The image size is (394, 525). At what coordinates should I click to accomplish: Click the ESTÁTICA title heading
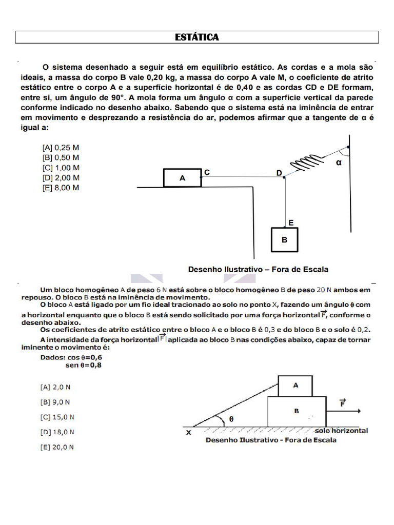click(x=197, y=37)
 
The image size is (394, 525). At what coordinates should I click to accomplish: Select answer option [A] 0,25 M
click(x=61, y=148)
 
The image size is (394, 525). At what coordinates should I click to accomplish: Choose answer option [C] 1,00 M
click(x=61, y=168)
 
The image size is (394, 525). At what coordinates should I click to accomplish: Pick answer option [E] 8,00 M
click(x=61, y=188)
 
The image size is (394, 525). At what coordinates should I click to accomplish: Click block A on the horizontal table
click(x=182, y=178)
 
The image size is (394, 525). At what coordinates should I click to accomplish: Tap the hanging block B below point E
click(x=284, y=239)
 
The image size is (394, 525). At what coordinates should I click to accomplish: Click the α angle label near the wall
click(x=339, y=163)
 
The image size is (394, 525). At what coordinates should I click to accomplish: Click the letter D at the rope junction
click(x=279, y=173)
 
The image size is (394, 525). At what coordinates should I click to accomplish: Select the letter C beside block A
click(x=207, y=173)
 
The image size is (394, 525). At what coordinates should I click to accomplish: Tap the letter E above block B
click(x=291, y=223)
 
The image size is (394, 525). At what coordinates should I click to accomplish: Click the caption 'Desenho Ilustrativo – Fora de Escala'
click(x=258, y=269)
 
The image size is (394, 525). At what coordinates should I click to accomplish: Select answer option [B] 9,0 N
click(x=55, y=402)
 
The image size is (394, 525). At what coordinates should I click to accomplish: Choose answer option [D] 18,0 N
click(x=57, y=432)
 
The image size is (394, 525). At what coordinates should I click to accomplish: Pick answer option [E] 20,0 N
click(x=57, y=447)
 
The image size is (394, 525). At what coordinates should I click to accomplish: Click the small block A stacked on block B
click(x=295, y=386)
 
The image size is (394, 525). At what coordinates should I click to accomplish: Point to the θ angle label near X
click(x=231, y=419)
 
